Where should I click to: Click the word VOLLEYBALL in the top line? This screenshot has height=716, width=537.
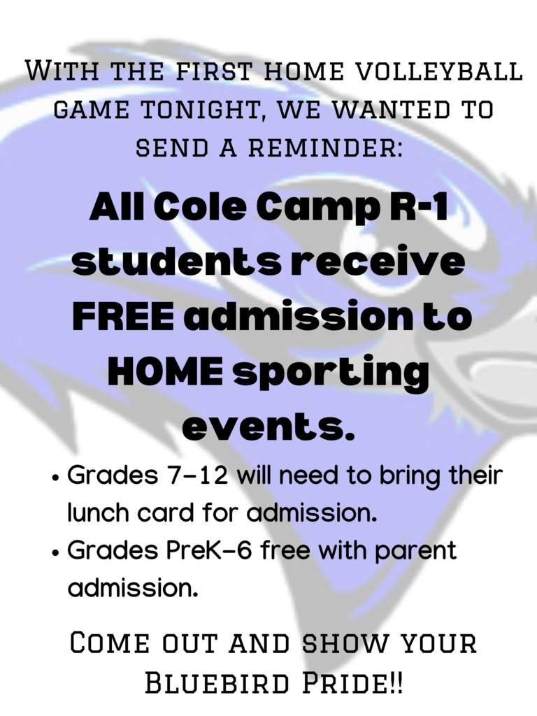click(438, 72)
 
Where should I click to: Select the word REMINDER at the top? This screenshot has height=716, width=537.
click(326, 148)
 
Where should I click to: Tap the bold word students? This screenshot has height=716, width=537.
click(178, 262)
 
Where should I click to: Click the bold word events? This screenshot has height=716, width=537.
click(268, 427)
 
